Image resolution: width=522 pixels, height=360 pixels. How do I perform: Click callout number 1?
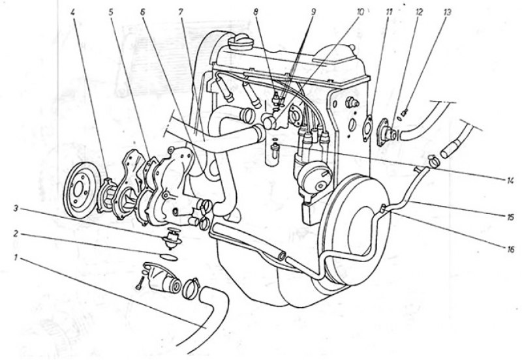tap(16, 257)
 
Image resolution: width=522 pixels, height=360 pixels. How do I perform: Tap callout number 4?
tap(73, 12)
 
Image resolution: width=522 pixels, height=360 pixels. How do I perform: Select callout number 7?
tap(181, 12)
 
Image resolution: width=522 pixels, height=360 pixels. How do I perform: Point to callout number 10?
tap(361, 12)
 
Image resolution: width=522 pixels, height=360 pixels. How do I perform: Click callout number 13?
tap(447, 12)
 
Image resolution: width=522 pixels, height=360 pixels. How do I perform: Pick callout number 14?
tap(510, 181)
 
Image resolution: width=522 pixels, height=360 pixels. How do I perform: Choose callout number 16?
tap(510, 249)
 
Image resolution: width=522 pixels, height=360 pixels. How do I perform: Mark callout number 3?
tap(16, 209)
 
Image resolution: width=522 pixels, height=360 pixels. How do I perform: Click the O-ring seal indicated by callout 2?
tap(168, 257)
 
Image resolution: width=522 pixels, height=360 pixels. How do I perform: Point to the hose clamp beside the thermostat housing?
tap(191, 287)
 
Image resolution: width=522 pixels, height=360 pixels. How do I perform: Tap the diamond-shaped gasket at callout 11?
tap(367, 128)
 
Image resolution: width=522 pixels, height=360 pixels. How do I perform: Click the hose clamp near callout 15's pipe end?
tap(433, 160)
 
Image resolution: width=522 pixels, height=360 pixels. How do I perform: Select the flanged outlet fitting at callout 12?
tap(386, 132)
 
